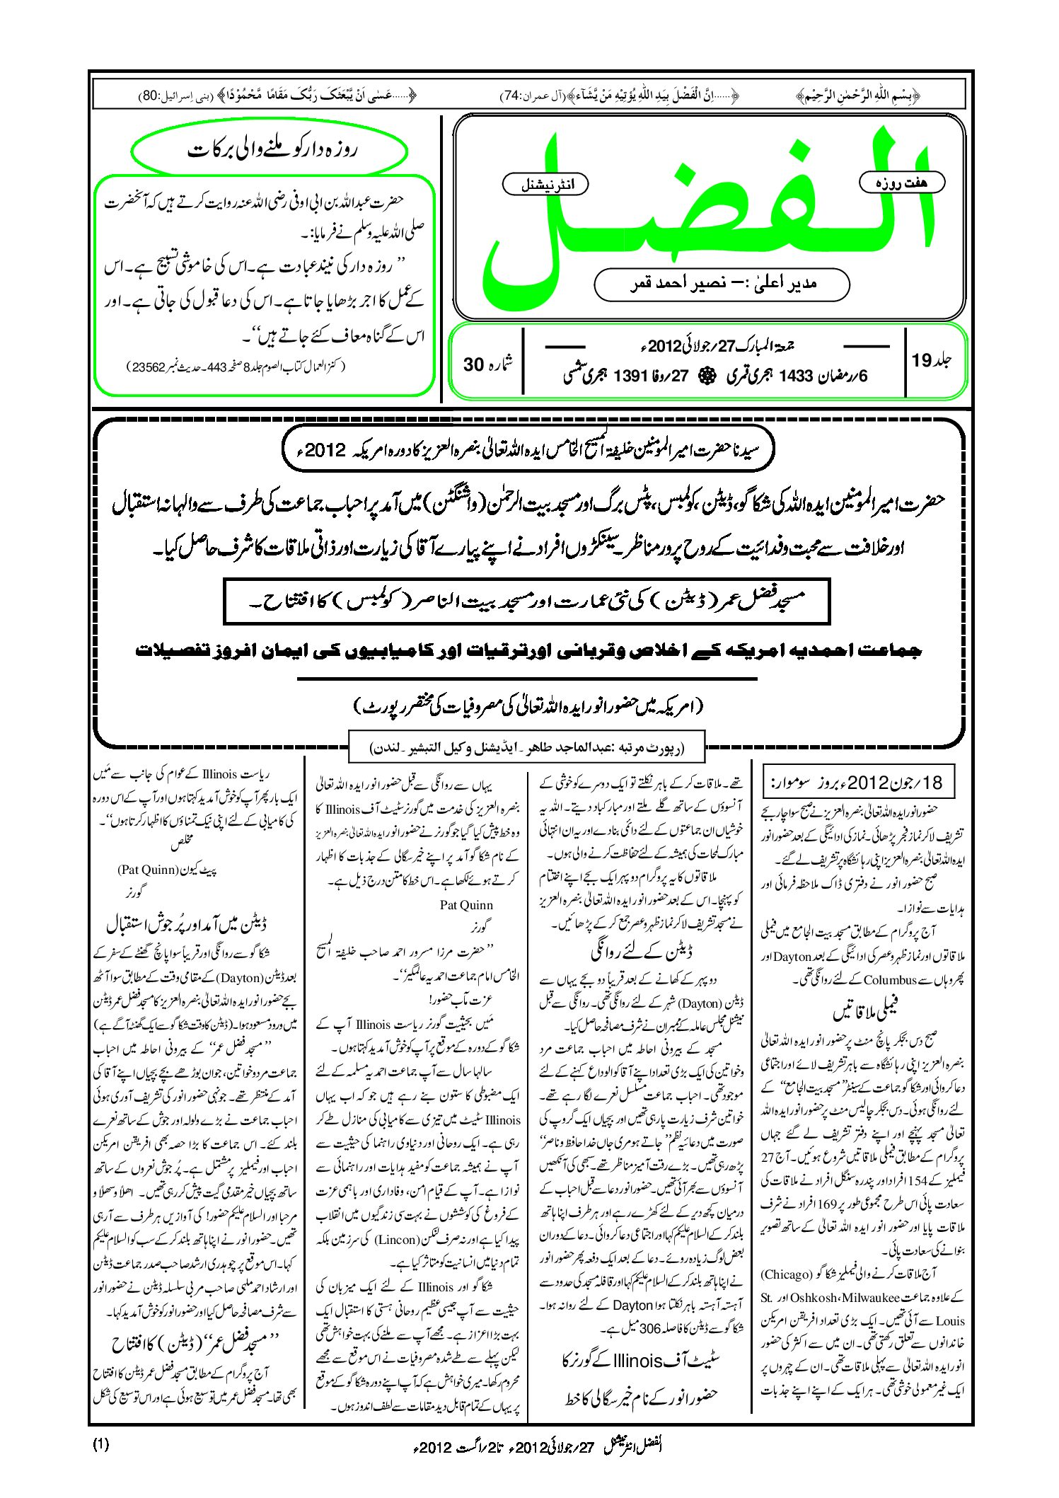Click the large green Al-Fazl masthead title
click(x=707, y=212)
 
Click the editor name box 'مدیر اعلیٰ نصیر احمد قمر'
click(x=722, y=284)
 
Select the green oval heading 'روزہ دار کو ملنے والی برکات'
click(x=270, y=150)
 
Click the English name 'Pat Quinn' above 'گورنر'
click(x=466, y=905)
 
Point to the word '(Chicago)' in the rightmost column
click(x=787, y=1274)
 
